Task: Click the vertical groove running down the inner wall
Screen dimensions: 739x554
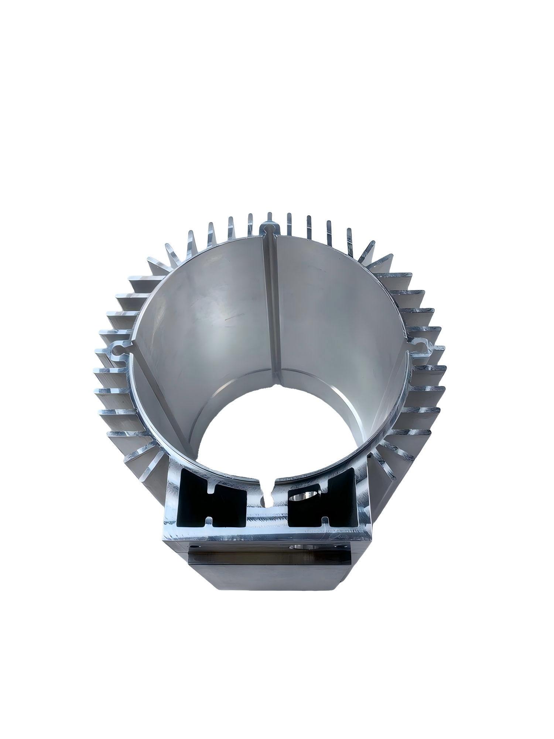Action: [x=274, y=303]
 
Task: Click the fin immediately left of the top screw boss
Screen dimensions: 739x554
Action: [x=250, y=222]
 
